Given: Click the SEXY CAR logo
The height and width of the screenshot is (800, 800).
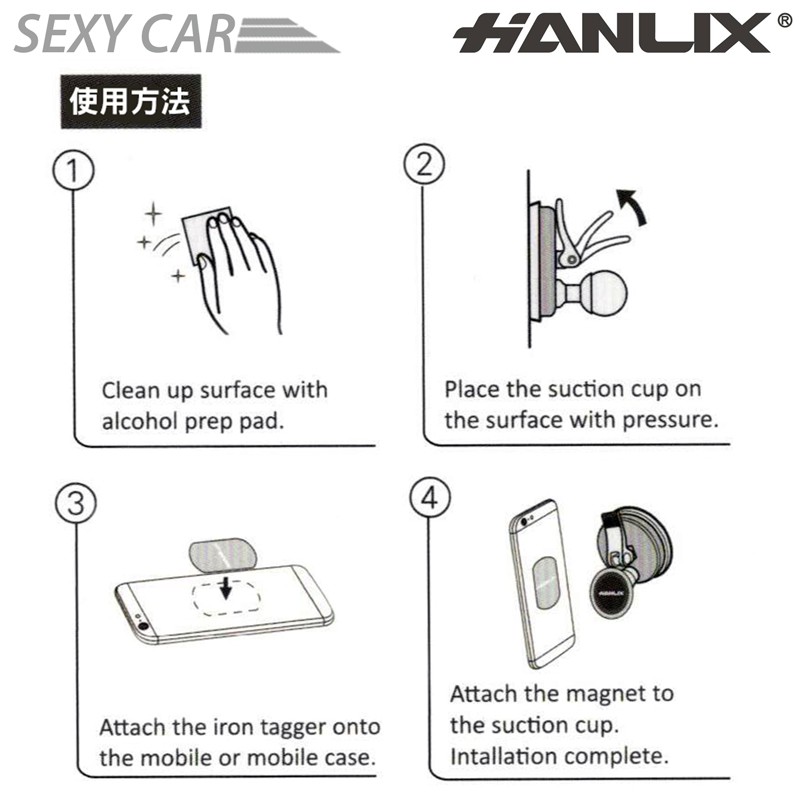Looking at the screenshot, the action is click(x=176, y=34).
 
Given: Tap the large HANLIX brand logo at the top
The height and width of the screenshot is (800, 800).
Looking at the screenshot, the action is click(x=612, y=33).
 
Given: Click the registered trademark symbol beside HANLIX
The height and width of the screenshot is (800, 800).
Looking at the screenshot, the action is click(x=784, y=20).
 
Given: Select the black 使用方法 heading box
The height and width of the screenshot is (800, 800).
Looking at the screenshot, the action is click(x=131, y=101).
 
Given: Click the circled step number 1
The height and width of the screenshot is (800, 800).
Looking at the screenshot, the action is click(x=73, y=170).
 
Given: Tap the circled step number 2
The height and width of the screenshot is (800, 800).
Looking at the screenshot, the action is click(x=424, y=165).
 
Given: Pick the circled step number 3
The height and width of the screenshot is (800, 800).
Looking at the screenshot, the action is click(x=76, y=503).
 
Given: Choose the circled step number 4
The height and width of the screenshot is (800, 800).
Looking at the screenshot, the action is click(x=430, y=497).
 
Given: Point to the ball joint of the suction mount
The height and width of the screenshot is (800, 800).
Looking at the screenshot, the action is click(x=606, y=294).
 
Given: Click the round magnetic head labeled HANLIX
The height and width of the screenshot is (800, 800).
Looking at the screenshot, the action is click(x=612, y=593).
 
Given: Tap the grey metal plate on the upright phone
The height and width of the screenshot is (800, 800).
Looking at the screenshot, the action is click(x=547, y=583).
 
